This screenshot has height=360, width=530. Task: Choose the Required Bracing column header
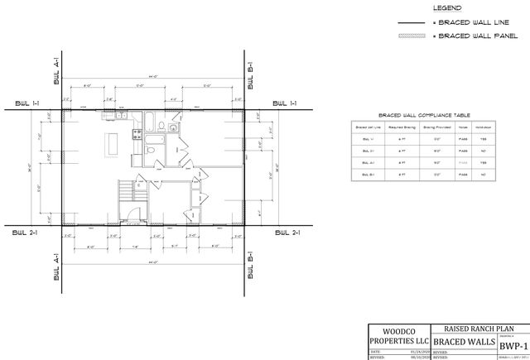tap(402, 127)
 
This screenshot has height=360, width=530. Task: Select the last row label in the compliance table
tap(366, 175)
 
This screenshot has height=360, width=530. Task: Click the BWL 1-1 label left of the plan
tap(27, 103)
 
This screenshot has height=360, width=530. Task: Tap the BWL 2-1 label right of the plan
tap(285, 233)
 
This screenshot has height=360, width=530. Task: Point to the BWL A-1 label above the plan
tap(55, 72)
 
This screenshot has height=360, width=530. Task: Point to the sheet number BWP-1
tap(513, 341)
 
